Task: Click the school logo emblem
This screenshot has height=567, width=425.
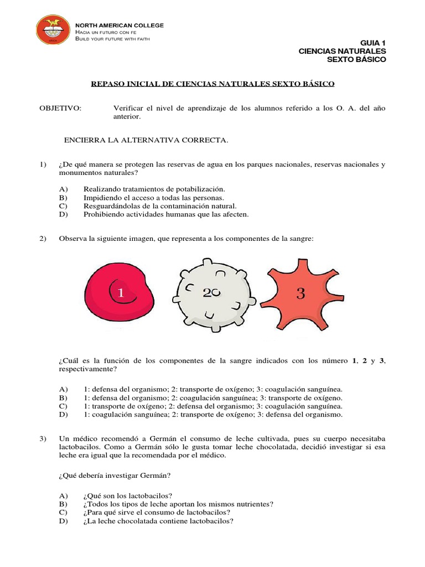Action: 53,29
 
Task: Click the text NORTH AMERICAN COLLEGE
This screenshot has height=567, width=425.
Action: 119,25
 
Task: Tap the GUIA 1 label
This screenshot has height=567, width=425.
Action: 373,43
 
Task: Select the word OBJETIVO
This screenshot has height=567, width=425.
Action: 60,108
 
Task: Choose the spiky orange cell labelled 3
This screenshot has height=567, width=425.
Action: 299,293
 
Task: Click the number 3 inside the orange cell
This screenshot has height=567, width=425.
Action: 300,294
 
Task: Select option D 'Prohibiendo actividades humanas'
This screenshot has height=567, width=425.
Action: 166,214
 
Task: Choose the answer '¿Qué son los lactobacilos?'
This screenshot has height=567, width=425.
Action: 127,496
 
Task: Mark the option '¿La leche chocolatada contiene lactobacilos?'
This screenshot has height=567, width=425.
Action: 158,521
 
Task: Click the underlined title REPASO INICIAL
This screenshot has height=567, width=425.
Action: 212,84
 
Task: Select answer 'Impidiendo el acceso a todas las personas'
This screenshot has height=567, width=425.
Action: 154,197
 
